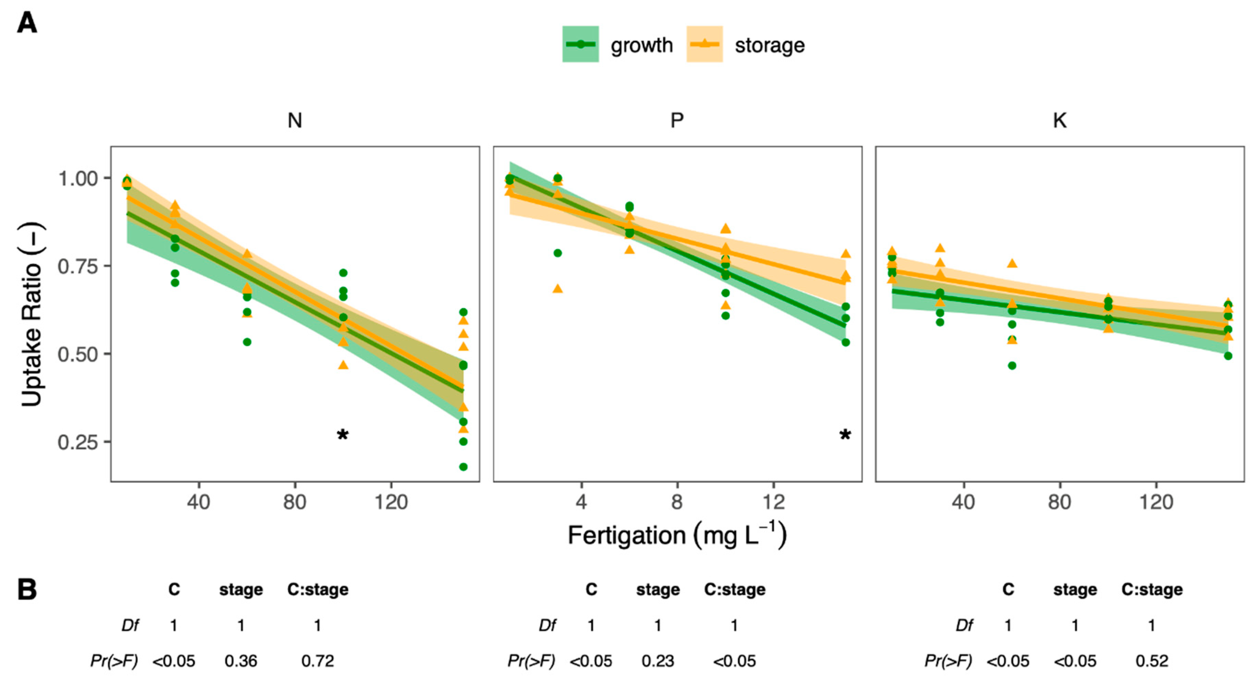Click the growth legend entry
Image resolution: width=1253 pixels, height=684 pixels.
click(618, 45)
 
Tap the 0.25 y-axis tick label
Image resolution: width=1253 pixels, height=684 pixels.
click(78, 442)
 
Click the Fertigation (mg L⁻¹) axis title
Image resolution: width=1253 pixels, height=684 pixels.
click(677, 535)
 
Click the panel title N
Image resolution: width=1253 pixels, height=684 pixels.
click(295, 121)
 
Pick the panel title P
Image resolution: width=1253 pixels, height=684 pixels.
click(677, 121)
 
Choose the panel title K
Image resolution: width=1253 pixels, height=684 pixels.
click(1059, 121)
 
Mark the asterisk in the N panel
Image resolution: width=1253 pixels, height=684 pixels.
click(343, 435)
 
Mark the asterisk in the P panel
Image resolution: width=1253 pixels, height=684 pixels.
click(845, 435)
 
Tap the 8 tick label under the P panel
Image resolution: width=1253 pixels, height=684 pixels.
click(677, 501)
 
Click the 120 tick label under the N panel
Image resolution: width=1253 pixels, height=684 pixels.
click(391, 501)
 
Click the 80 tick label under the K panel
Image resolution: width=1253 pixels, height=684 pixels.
click(1059, 501)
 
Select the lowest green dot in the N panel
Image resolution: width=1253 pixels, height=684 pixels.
click(463, 467)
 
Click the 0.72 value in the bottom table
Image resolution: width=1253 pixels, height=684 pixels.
click(318, 661)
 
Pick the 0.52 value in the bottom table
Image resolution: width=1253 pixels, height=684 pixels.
click(1152, 661)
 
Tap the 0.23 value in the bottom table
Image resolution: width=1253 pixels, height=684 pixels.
click(658, 661)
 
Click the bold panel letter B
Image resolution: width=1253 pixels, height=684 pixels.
click(27, 590)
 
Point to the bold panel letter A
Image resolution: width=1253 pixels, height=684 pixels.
click(27, 23)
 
